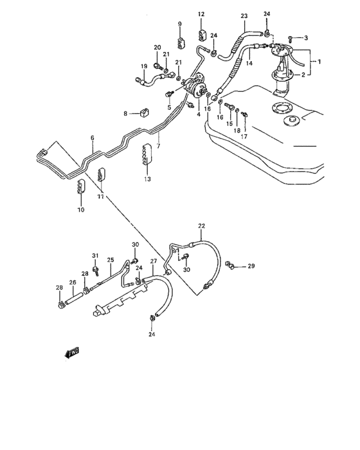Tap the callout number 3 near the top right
(306, 38)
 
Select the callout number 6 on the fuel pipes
(92, 138)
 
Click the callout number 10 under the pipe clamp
(81, 210)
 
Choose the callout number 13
(147, 179)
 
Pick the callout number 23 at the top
(244, 15)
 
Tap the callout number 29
(251, 265)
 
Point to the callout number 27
(154, 261)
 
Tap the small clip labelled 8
(143, 114)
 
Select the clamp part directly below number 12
(201, 33)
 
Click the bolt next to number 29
(233, 265)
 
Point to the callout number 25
(110, 260)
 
